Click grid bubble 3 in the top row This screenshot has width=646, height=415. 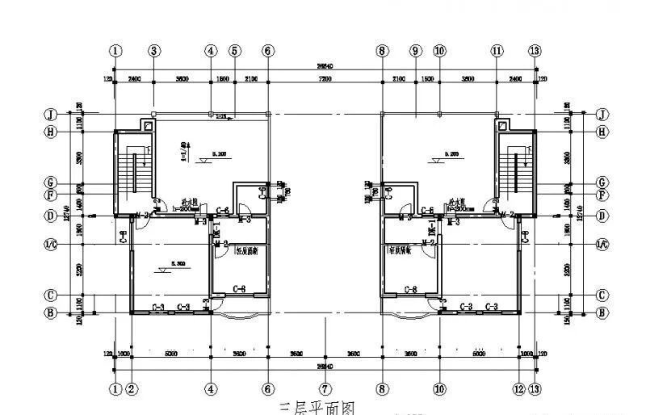(x=154, y=50)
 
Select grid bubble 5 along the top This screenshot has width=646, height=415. (x=234, y=50)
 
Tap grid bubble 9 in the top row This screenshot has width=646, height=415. (x=415, y=50)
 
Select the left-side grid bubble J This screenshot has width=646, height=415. (x=49, y=114)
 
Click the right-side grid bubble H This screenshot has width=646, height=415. (x=601, y=132)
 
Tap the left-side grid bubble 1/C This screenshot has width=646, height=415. (x=49, y=243)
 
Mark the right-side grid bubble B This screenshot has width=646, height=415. (x=601, y=312)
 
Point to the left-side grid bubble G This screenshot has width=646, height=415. (x=49, y=182)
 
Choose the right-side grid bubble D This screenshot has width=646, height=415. (x=601, y=216)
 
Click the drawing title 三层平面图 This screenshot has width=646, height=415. (x=317, y=409)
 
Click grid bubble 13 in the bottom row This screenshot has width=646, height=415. (x=534, y=388)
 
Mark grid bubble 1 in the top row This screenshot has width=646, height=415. (x=117, y=50)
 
